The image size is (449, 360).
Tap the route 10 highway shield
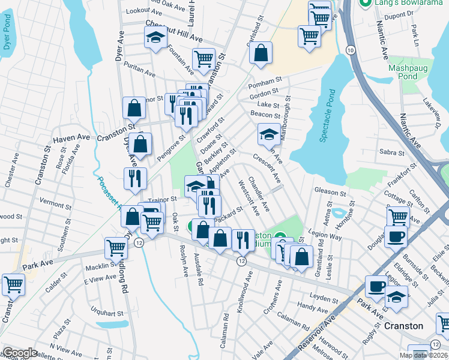click(x=349, y=50)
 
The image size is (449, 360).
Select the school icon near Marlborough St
click(x=268, y=134)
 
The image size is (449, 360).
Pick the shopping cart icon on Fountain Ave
click(x=204, y=59)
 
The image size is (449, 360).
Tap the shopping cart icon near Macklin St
click(x=116, y=247)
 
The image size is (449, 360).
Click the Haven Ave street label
click(x=71, y=138)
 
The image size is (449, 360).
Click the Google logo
click(x=20, y=353)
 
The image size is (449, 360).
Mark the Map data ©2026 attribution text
click(x=423, y=355)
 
